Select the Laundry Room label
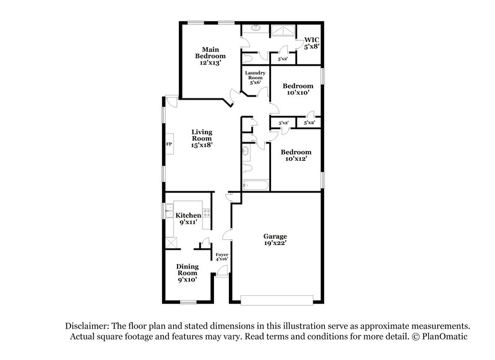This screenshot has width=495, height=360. (256, 79)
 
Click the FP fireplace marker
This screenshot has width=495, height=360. (168, 144)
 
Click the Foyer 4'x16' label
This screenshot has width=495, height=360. (222, 257)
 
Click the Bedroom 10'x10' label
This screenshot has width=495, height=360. (297, 89)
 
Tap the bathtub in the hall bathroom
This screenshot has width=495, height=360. (254, 184)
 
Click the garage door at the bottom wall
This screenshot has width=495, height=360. (276, 300)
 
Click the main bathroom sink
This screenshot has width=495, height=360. (256, 29)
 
